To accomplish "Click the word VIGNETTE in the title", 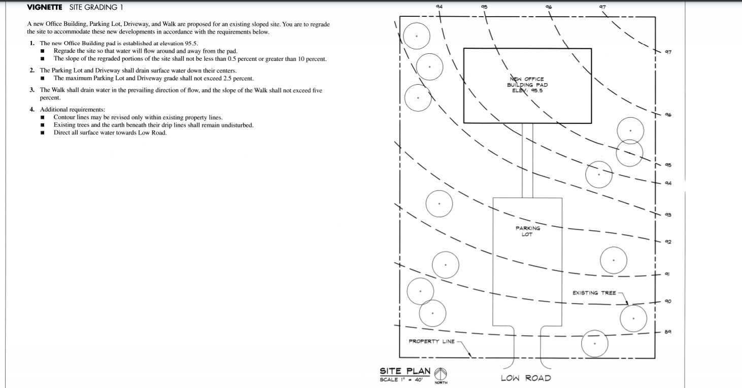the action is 44,7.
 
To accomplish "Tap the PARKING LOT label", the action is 528,231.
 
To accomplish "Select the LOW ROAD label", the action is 526,378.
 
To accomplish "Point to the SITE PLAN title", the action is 405,371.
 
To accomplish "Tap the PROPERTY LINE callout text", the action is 431,341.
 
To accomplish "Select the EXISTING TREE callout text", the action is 594,293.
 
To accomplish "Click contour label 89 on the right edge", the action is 668,332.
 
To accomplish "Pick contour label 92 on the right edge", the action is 668,241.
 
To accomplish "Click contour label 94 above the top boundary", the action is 439,6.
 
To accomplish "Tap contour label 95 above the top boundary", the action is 484,7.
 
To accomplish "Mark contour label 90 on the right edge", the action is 668,301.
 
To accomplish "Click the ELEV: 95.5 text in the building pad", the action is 527,91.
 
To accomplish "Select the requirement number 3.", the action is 32,90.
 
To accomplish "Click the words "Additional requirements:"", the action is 73,110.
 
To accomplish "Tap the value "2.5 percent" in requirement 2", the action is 238,79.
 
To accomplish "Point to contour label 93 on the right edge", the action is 668,215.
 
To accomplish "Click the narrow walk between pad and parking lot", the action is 527,161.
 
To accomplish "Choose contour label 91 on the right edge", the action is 667,274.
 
